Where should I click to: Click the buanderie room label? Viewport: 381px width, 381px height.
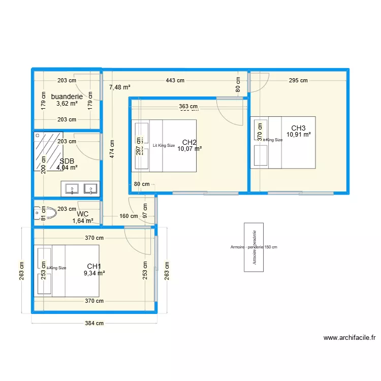coord(67,97)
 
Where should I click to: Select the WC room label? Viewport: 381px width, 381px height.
coord(83,214)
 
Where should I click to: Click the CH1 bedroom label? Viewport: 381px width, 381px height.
coord(94,266)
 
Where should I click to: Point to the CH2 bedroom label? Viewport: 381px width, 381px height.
coord(189,142)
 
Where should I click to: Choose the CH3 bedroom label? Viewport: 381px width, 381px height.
coord(298,128)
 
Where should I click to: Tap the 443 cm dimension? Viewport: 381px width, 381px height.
coord(175,80)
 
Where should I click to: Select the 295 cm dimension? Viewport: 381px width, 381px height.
coord(298,80)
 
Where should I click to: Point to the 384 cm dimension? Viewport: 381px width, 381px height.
coord(94,323)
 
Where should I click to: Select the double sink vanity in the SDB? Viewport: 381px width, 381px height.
coord(80,188)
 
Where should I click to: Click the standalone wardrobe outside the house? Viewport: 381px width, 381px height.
coord(253,247)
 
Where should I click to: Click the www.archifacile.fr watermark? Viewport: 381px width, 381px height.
coord(349,338)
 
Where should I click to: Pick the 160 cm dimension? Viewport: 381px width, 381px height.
coord(129,216)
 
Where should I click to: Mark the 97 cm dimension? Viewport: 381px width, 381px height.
coord(145,211)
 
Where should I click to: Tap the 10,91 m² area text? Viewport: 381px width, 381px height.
coord(298,135)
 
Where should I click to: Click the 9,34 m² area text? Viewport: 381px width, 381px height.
coord(94,273)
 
